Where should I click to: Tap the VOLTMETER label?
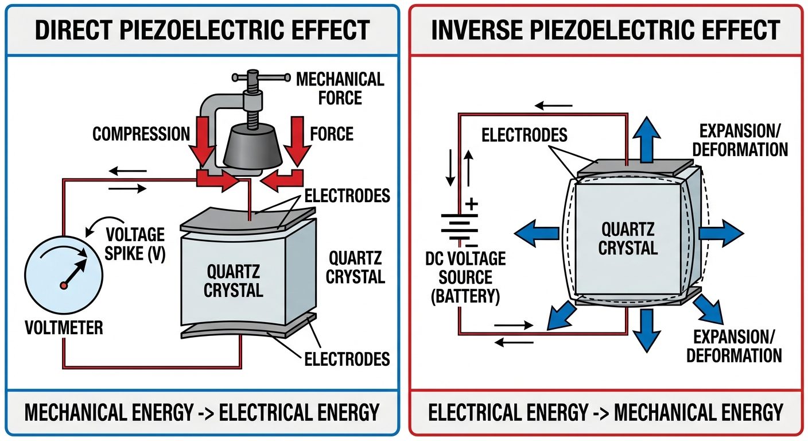click(64, 328)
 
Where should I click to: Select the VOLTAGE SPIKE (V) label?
click(136, 244)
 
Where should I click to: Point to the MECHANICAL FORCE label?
click(339, 88)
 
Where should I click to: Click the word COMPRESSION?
click(141, 134)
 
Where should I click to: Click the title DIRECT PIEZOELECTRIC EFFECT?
click(202, 30)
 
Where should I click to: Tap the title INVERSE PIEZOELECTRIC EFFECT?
click(605, 30)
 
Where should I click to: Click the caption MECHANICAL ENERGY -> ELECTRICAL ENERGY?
click(201, 412)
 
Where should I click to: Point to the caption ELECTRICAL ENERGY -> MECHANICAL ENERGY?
click(605, 412)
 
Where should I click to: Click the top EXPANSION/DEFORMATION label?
click(740, 140)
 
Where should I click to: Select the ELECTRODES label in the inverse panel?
click(525, 135)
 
